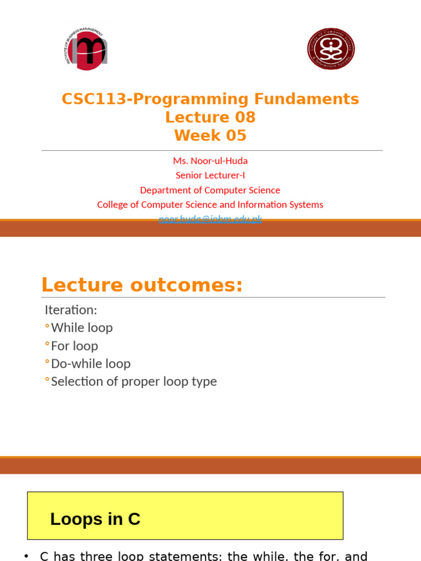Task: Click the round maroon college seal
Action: [331, 49]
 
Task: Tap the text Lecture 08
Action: [210, 117]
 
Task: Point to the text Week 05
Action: [210, 135]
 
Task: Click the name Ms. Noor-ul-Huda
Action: [210, 161]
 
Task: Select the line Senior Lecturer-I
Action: [210, 175]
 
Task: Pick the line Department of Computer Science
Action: [210, 190]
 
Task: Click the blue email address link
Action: [210, 219]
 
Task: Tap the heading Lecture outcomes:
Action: [142, 285]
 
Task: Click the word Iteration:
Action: [71, 310]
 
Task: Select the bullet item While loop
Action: [82, 328]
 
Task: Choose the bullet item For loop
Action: [75, 346]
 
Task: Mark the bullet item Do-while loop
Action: [90, 364]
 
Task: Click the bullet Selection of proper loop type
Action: [134, 382]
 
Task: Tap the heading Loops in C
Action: [95, 519]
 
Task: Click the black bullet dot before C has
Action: [26, 556]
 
